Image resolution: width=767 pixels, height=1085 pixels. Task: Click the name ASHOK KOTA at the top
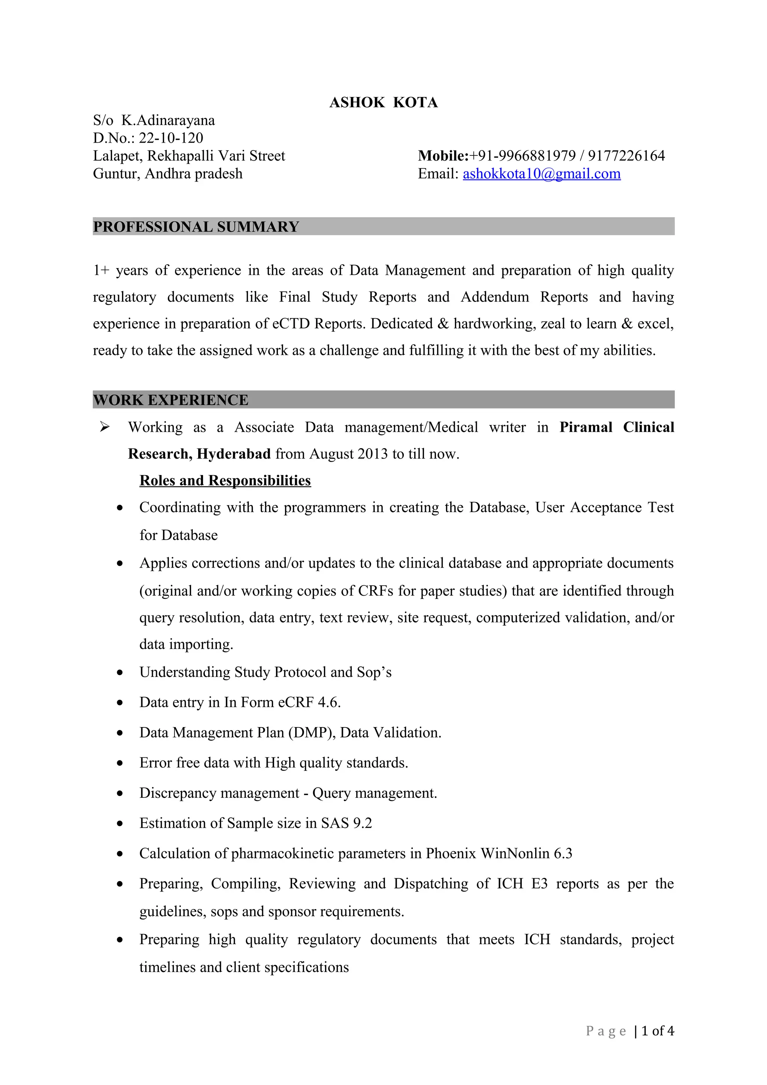(x=383, y=103)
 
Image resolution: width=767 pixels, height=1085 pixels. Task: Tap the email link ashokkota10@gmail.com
(x=541, y=174)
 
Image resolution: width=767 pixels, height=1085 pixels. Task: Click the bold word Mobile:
(x=443, y=156)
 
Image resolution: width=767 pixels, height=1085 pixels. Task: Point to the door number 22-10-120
(x=171, y=138)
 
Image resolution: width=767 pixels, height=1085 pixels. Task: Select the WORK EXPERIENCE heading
(x=171, y=400)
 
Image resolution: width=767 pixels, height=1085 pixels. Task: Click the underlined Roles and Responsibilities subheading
(x=225, y=481)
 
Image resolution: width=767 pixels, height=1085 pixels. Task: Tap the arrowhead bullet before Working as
(x=104, y=427)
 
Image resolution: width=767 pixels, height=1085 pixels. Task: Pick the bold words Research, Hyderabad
(x=199, y=454)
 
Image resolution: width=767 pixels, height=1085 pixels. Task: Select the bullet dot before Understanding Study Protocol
(x=120, y=672)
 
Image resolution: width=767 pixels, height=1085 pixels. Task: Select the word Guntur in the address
(x=116, y=174)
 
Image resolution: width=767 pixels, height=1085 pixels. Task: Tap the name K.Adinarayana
(x=168, y=121)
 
